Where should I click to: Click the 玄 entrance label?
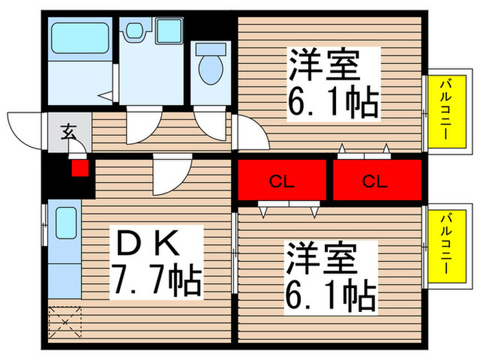pyautogui.click(x=69, y=130)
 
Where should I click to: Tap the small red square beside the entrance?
pyautogui.click(x=81, y=167)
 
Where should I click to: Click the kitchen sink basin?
pyautogui.click(x=66, y=223)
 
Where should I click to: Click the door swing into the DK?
pyautogui.click(x=168, y=175)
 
